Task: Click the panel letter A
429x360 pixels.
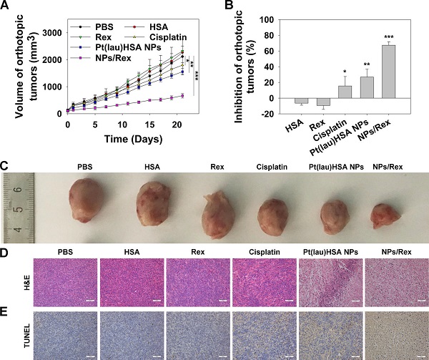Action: (6, 6)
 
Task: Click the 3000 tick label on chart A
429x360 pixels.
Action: (49, 33)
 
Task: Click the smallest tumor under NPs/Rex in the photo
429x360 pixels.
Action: (387, 214)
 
